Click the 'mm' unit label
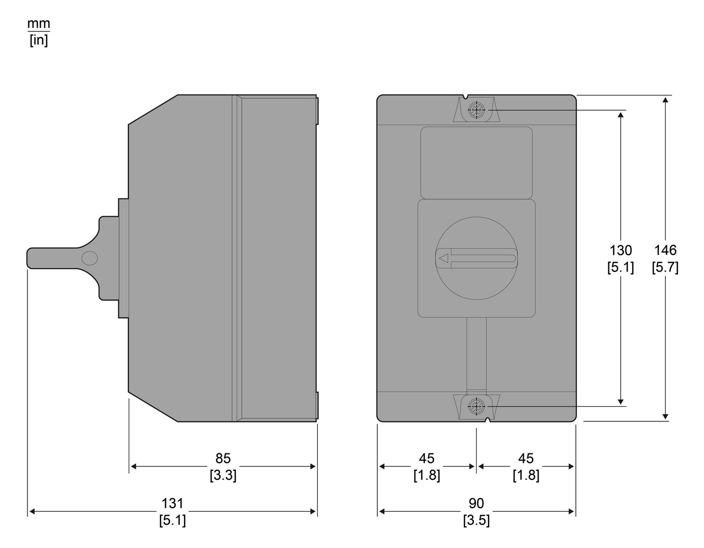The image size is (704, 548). tap(39, 24)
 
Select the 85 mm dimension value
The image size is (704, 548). tap(223, 459)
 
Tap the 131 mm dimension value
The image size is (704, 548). tap(172, 504)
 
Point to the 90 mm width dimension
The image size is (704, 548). tap(476, 504)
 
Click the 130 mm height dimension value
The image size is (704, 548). tap(620, 251)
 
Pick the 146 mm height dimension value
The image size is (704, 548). tap(665, 251)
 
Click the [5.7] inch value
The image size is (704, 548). tap(665, 267)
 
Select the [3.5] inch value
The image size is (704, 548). tap(476, 520)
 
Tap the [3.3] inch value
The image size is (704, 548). tap(223, 475)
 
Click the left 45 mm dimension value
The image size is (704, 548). tap(426, 459)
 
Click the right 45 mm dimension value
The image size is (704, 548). tap(526, 459)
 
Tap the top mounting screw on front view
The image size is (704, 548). tap(476, 110)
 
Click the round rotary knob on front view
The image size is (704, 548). tap(477, 258)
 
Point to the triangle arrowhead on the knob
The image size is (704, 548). tap(443, 258)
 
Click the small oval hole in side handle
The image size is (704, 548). tap(89, 258)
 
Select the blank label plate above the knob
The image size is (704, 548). tap(476, 162)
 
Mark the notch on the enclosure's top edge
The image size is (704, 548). tap(467, 97)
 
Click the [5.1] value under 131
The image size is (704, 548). tap(172, 520)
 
